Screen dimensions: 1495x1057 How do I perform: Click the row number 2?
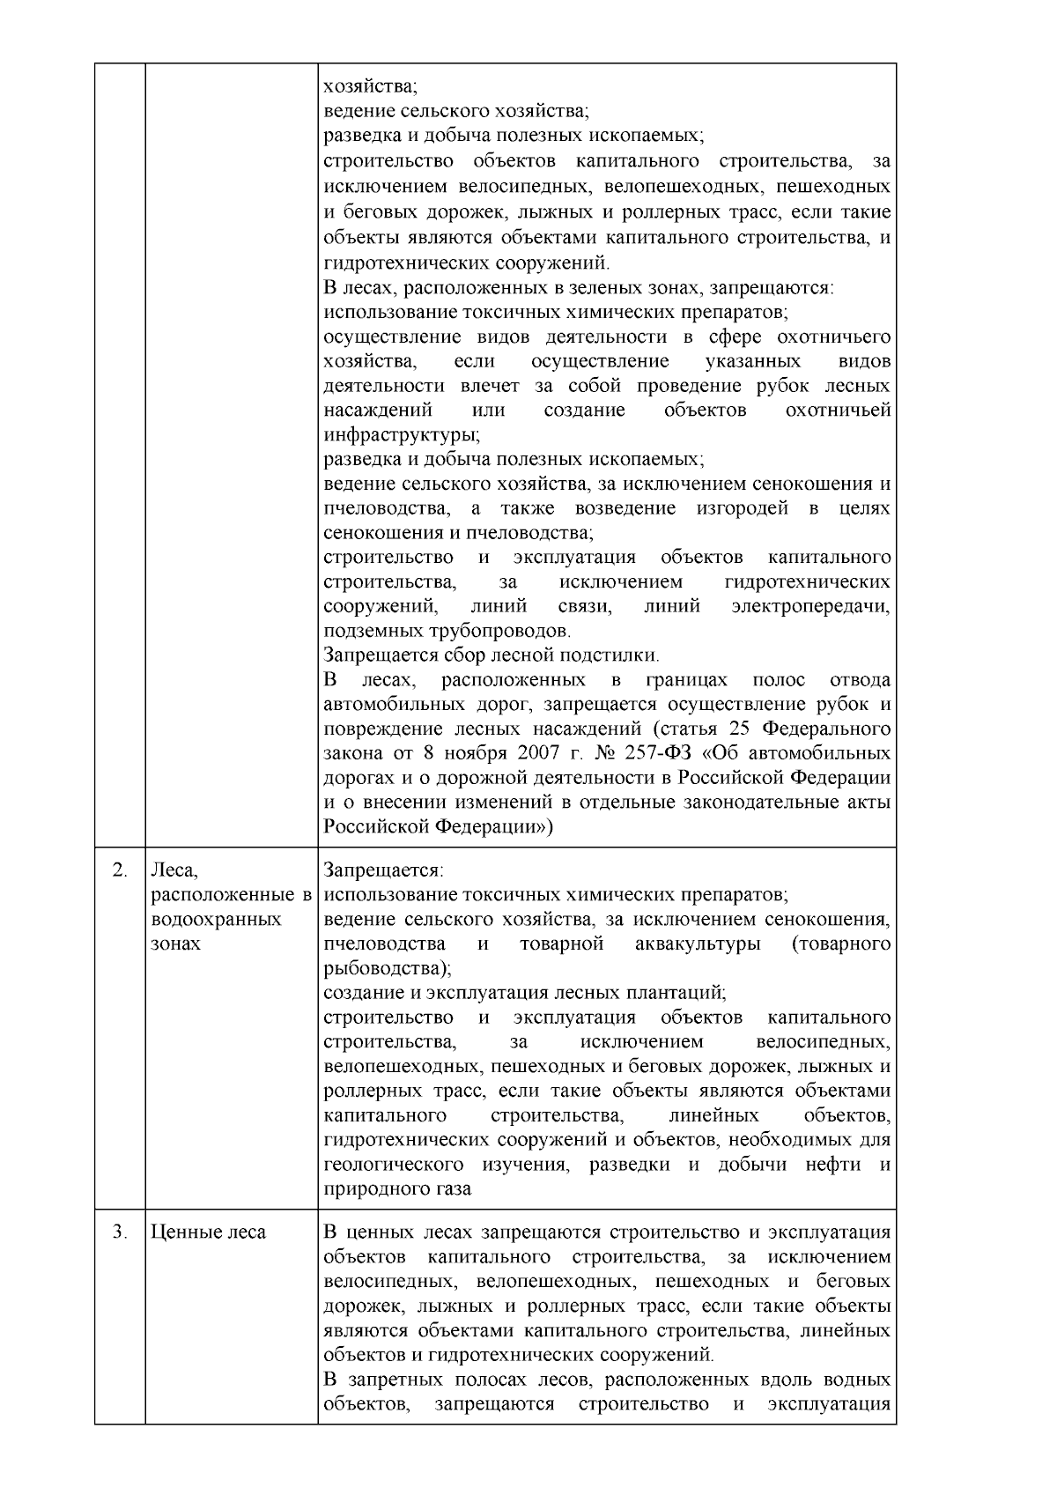[x=120, y=870]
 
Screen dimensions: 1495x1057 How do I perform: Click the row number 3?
[x=120, y=1232]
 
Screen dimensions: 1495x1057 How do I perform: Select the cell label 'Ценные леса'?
[x=209, y=1232]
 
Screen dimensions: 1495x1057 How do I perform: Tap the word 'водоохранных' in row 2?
[x=217, y=920]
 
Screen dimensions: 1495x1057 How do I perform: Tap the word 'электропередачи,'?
[x=810, y=607]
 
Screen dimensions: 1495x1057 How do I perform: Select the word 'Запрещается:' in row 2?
[x=383, y=870]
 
